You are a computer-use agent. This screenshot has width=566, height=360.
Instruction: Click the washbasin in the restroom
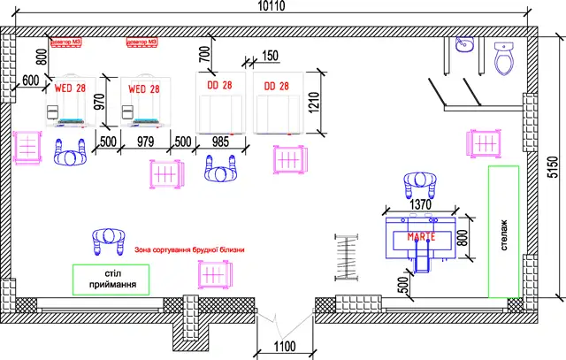465,48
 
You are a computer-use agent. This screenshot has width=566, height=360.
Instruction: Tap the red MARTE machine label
422,237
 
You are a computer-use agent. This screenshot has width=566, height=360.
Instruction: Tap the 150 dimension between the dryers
269,57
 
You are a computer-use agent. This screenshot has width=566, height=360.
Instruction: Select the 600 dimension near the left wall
31,80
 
